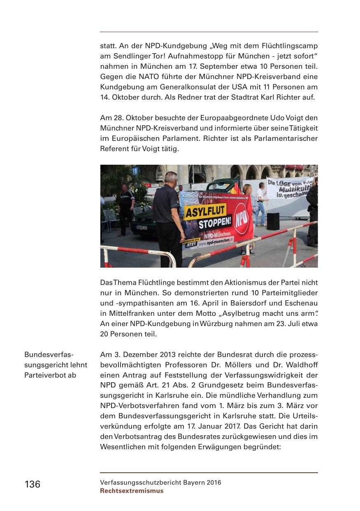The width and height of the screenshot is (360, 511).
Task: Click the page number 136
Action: click(33, 484)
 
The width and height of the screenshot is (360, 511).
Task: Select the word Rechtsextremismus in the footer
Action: click(132, 491)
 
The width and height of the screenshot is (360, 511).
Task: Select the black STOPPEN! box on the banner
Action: click(214, 224)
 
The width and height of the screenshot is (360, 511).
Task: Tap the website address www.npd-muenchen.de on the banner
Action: click(216, 243)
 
